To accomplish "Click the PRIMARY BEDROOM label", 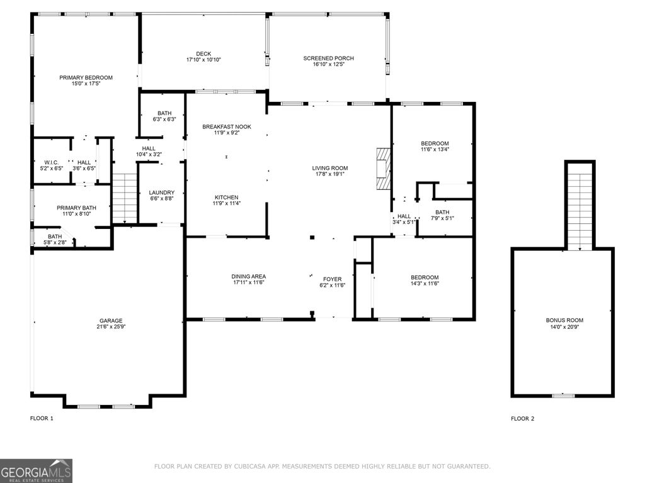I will (86, 77).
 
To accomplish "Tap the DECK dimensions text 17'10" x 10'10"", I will (203, 60).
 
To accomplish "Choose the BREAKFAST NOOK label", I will (226, 127).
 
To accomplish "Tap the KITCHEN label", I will (226, 197).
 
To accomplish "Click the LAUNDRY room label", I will (161, 192).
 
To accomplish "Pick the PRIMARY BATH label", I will (76, 208).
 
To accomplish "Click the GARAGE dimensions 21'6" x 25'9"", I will (110, 327).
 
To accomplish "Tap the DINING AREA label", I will (249, 277).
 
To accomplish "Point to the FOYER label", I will (333, 279).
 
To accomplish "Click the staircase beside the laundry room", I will (125, 197).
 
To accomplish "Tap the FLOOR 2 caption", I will (522, 418).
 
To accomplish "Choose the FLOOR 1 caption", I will (42, 418).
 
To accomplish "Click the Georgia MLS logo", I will (37, 471).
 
